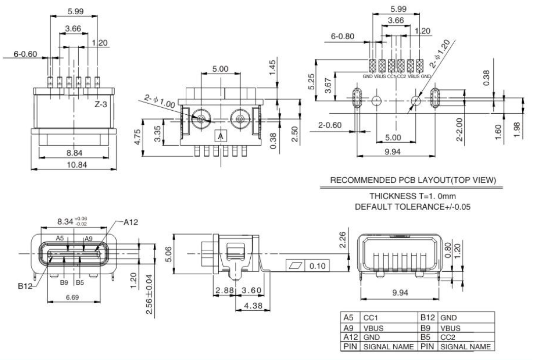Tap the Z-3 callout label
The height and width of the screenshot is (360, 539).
tap(102, 105)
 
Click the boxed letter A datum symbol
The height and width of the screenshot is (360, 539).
tap(220, 136)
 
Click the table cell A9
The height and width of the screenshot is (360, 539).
tap(348, 328)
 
